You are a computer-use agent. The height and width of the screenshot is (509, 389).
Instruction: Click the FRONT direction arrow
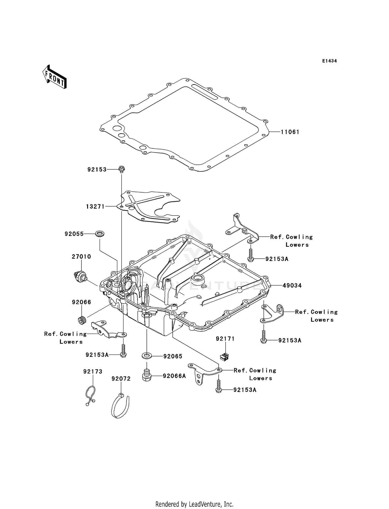[x=54, y=77]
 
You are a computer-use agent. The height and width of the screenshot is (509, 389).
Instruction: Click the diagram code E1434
[x=329, y=61]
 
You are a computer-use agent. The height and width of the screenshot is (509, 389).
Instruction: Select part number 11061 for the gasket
[x=290, y=132]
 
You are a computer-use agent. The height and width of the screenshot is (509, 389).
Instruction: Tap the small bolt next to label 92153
[x=121, y=169]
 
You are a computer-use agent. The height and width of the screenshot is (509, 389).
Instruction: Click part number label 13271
[x=95, y=207]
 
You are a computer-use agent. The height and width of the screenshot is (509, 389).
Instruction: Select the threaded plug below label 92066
[x=82, y=320]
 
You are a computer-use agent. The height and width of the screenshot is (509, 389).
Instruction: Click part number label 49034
[x=292, y=286]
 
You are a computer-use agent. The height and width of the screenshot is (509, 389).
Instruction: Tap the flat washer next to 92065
[x=147, y=355]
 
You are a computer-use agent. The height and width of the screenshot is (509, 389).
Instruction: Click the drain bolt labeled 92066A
[x=147, y=376]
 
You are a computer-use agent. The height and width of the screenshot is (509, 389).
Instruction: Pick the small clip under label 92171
[x=225, y=357]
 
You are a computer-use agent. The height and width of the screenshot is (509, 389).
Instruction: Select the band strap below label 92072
[x=120, y=407]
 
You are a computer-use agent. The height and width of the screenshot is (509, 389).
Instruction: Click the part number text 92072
[x=121, y=379]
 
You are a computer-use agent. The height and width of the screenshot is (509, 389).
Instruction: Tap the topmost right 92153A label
[x=277, y=259]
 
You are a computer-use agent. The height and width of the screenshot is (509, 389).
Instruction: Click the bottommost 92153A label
[x=245, y=390]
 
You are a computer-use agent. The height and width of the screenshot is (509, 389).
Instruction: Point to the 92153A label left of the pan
[x=97, y=355]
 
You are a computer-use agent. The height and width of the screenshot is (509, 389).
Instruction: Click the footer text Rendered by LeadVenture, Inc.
[x=194, y=504]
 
